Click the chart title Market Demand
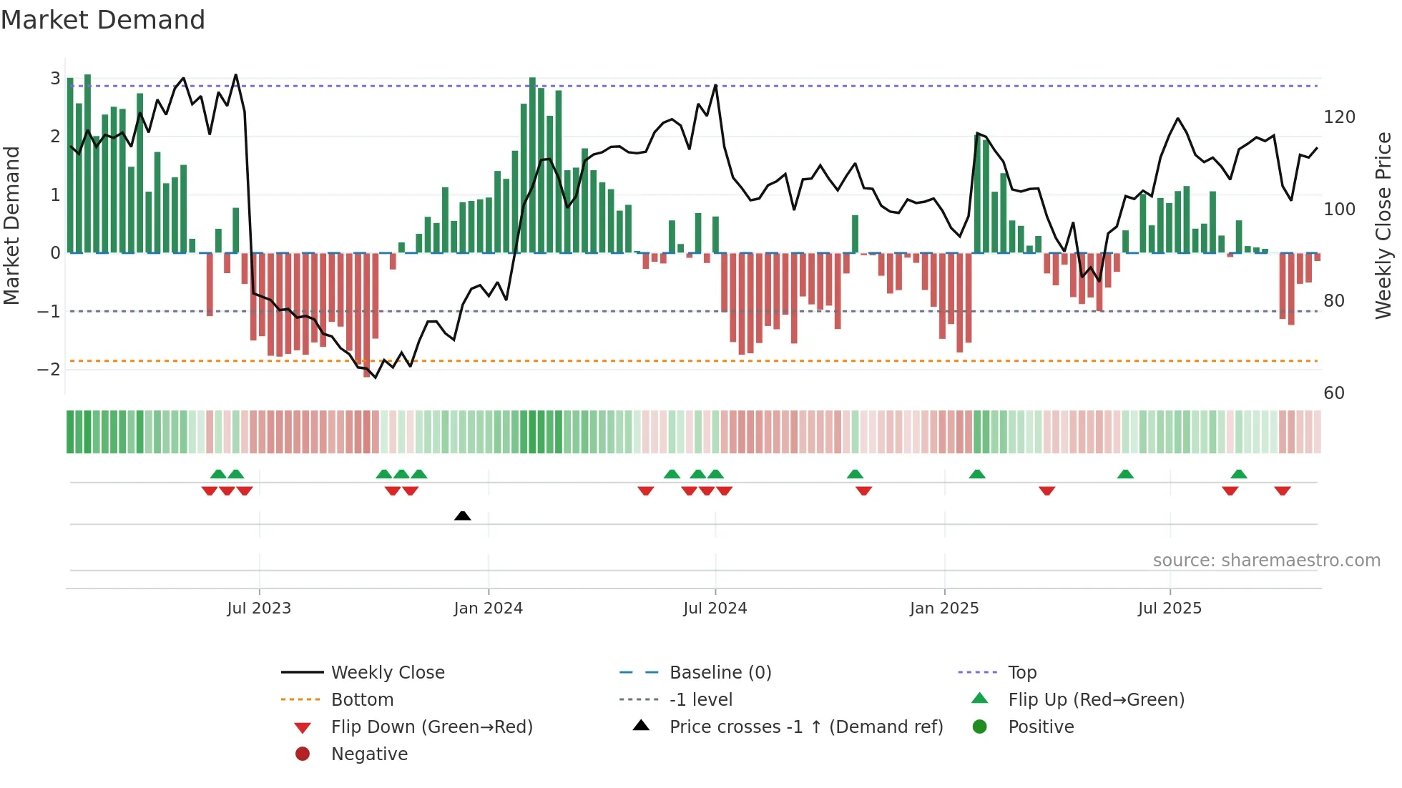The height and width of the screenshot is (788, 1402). (103, 20)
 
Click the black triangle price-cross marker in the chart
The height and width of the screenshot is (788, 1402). (463, 516)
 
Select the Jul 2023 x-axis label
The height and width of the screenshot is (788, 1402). (259, 609)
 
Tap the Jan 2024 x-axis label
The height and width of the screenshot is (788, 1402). (489, 609)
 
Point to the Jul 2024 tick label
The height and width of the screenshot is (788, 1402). (715, 609)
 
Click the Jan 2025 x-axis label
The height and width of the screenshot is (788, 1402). (944, 609)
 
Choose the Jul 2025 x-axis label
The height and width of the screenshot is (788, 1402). (1170, 609)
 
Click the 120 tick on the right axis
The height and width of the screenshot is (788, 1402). (1339, 117)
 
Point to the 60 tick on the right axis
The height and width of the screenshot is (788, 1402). (1334, 393)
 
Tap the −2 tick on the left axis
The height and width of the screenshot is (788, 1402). (49, 370)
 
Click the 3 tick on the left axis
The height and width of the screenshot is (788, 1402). (55, 79)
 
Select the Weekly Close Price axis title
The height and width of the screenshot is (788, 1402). (1383, 225)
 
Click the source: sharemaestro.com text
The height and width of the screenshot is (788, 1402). (1266, 561)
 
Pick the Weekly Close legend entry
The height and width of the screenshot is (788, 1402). (388, 673)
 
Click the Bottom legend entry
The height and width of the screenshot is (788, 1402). (362, 700)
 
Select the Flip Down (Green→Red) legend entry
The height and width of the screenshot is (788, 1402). (431, 727)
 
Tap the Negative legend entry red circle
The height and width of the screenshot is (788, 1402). (303, 754)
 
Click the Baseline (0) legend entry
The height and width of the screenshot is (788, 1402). (720, 673)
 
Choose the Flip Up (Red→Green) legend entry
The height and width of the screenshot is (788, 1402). (1096, 700)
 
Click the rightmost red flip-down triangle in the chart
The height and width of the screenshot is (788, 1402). (1282, 491)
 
